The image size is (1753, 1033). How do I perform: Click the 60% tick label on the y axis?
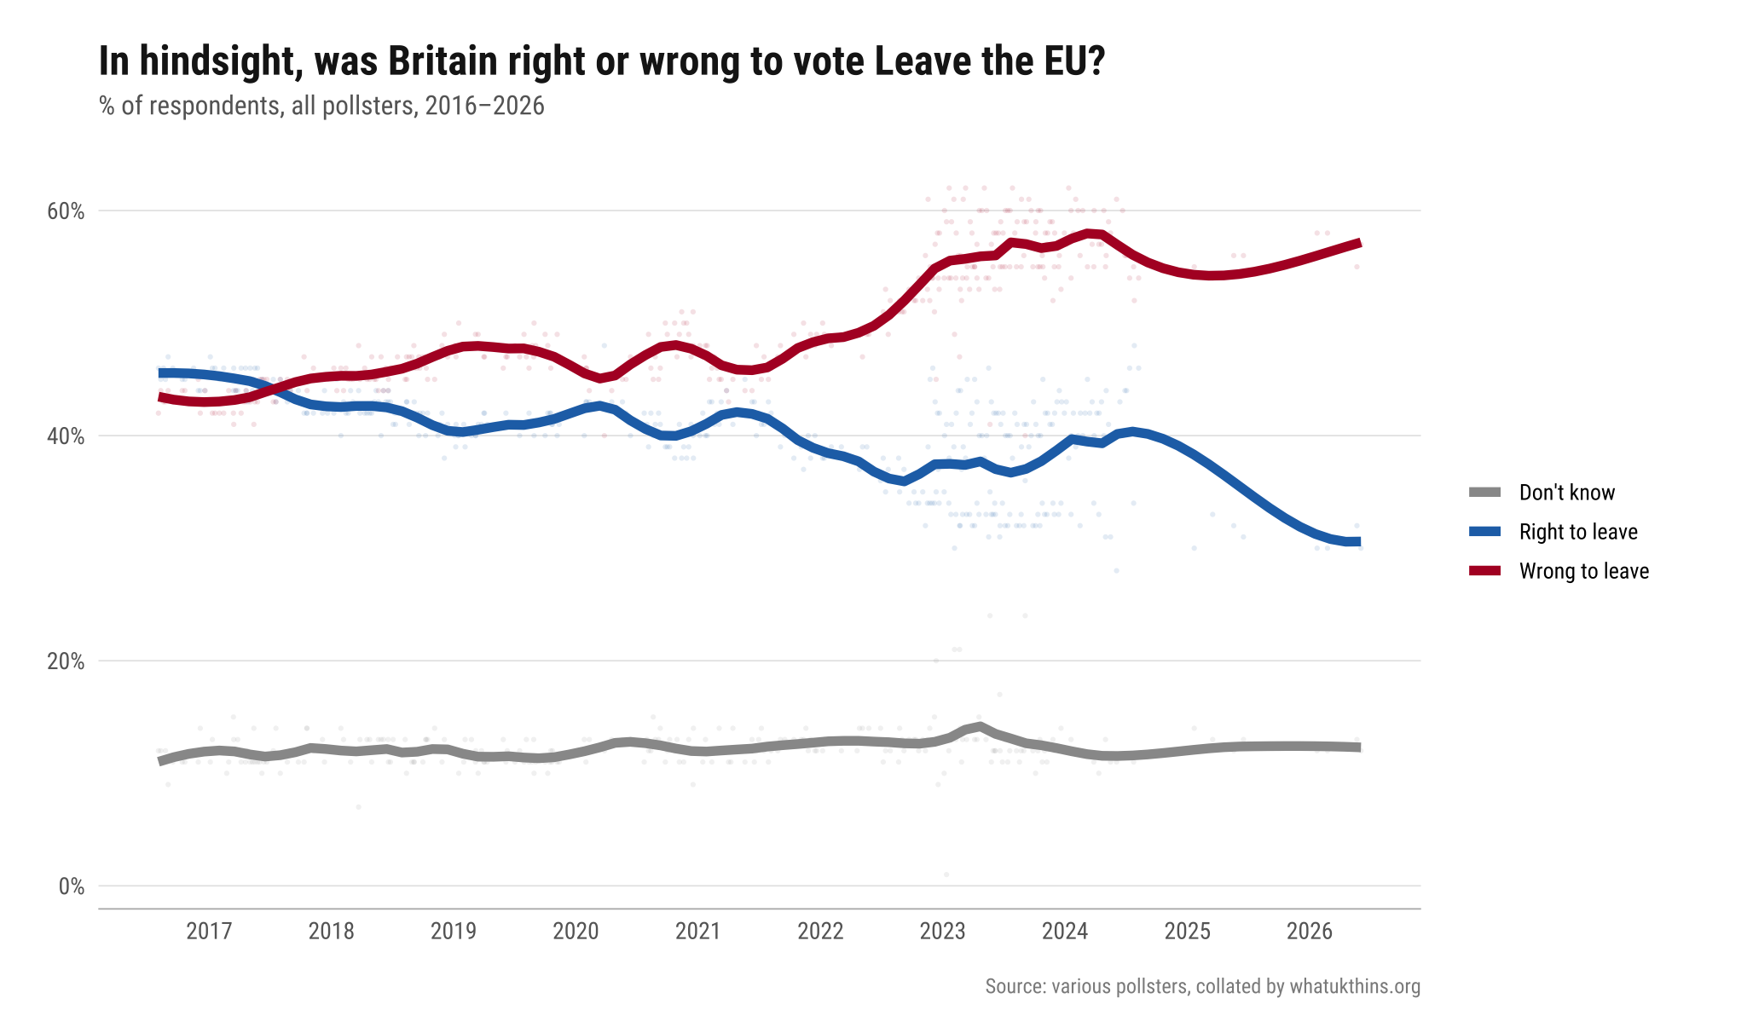click(66, 211)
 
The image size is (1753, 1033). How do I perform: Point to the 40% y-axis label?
click(66, 436)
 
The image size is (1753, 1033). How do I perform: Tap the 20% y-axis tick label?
click(66, 661)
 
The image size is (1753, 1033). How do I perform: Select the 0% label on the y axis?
click(72, 886)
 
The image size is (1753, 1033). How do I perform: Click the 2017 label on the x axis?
click(209, 931)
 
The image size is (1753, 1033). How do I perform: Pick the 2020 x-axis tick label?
click(576, 931)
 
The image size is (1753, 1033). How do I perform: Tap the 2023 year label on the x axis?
click(943, 931)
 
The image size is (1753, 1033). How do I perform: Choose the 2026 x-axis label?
click(1310, 931)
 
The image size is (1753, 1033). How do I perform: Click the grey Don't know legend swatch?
click(1484, 493)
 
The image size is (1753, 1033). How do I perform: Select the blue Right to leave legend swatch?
click(1484, 532)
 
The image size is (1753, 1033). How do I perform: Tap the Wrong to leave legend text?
click(1584, 571)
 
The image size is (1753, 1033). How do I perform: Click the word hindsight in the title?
click(212, 61)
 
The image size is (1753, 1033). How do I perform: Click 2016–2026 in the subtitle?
click(485, 106)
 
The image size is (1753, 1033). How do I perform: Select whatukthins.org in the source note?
click(1355, 987)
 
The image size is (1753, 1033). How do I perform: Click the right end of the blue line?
click(1360, 542)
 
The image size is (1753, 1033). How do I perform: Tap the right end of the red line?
click(1360, 244)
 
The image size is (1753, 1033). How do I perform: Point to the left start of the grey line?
click(159, 761)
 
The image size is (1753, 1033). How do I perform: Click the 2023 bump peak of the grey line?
click(980, 726)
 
